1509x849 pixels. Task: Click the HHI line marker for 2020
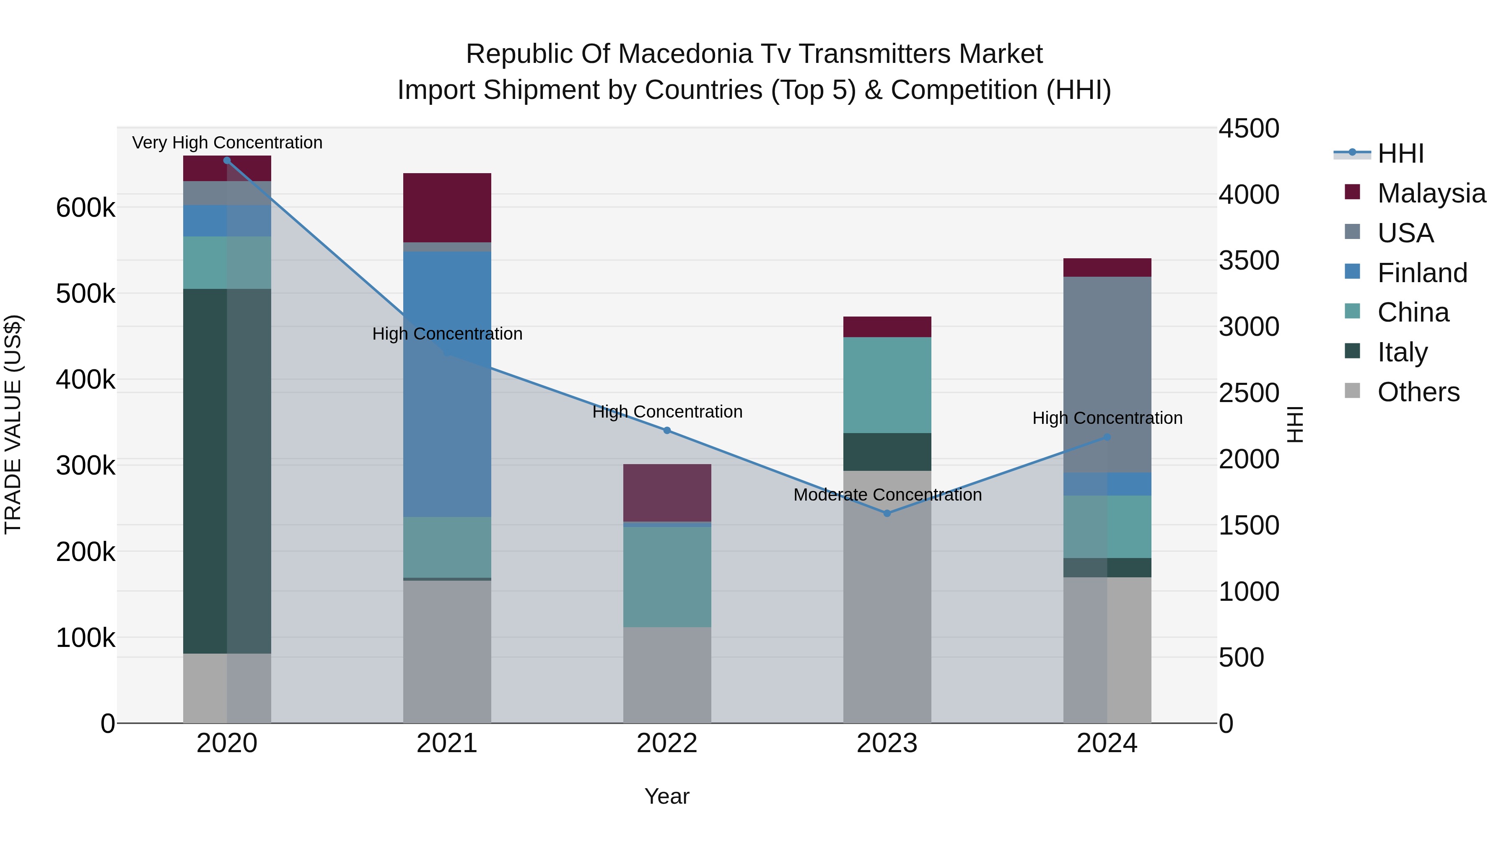pos(227,160)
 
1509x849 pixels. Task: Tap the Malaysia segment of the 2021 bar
pos(447,208)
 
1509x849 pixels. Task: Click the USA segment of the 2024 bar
pos(1107,374)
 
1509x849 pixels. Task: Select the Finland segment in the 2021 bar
pos(447,384)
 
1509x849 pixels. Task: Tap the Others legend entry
pos(1418,392)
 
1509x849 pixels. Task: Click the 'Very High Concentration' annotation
pos(227,143)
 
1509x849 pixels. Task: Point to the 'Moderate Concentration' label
pos(887,495)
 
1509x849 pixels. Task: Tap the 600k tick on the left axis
pos(86,208)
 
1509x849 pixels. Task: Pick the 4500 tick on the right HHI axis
pos(1248,128)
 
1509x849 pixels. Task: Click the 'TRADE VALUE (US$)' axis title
pos(13,424)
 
